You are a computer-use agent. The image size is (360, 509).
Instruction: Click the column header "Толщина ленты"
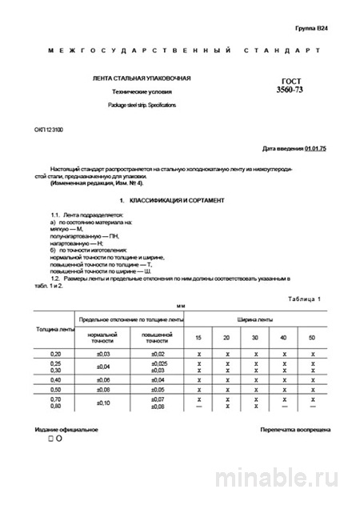point(54,328)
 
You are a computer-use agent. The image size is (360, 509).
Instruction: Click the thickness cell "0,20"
point(54,353)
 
